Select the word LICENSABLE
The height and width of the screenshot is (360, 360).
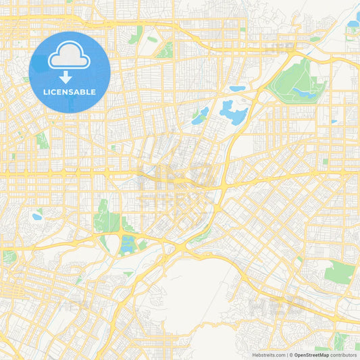70,91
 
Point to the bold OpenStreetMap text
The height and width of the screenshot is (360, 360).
312,355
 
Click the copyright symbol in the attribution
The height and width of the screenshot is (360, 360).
291,355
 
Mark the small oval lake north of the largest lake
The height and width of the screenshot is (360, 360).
237,88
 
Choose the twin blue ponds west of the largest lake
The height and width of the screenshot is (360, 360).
201,116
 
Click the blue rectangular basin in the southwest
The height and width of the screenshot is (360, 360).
128,245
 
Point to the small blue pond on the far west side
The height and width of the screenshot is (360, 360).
36,217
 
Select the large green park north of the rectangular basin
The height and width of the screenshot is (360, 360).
107,217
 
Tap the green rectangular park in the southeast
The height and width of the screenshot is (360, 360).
339,273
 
